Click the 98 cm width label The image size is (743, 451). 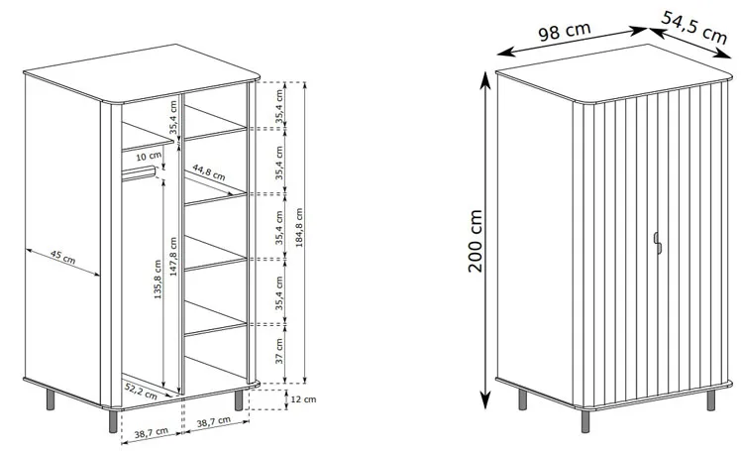click(565, 32)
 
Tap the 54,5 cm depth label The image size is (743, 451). click(693, 28)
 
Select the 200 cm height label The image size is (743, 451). click(475, 241)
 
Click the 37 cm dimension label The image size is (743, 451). click(279, 351)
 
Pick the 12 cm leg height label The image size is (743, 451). click(303, 399)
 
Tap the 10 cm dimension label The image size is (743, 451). click(149, 156)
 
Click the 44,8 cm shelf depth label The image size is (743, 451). click(208, 172)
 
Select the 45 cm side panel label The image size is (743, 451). click(62, 257)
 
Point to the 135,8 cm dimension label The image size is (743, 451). click(158, 279)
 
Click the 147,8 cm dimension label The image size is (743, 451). click(173, 257)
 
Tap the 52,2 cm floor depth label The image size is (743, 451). click(141, 391)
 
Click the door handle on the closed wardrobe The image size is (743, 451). click(657, 243)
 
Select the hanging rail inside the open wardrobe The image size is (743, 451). click(140, 173)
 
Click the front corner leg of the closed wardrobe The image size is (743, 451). click(585, 421)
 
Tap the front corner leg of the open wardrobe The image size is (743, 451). click(113, 421)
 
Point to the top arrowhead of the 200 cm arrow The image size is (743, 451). click(485, 79)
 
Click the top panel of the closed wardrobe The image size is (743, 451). click(614, 72)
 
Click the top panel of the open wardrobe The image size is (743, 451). click(142, 73)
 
